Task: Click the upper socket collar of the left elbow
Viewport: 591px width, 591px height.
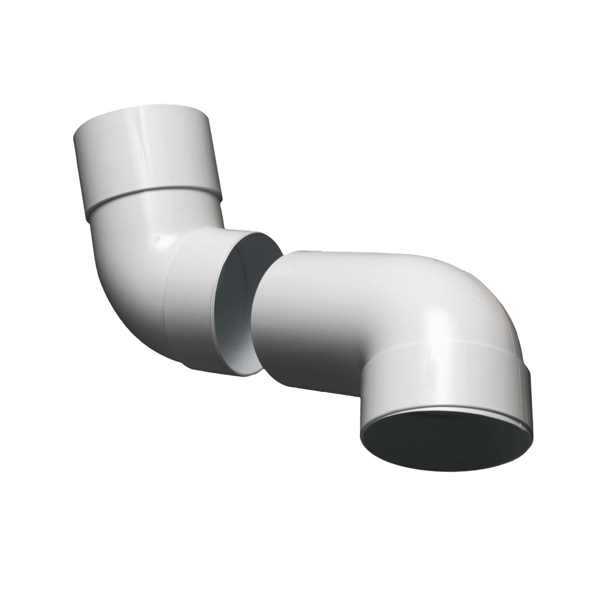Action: pos(145,151)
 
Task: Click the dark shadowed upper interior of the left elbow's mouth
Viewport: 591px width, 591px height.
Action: pos(254,260)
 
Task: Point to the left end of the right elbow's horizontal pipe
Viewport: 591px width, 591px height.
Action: pos(260,313)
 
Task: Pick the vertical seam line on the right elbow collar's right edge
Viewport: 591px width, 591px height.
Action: pos(525,390)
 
